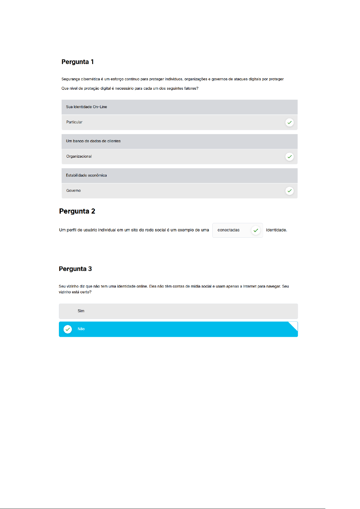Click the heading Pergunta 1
tap(78, 62)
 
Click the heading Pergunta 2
tap(77, 211)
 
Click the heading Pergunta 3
tap(75, 269)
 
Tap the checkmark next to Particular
tap(289, 122)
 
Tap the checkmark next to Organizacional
tap(289, 156)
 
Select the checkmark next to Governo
tap(289, 191)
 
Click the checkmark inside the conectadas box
tap(256, 230)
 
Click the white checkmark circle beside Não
tap(68, 329)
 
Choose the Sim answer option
tap(81, 311)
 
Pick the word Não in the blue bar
tap(81, 329)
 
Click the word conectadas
tap(228, 230)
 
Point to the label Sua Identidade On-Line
tap(86, 107)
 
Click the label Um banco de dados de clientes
tap(93, 141)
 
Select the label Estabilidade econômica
tap(86, 175)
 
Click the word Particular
tap(74, 122)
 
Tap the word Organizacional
tap(79, 156)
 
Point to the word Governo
tap(73, 191)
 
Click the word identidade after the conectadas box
tap(276, 230)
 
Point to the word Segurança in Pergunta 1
tap(70, 79)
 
